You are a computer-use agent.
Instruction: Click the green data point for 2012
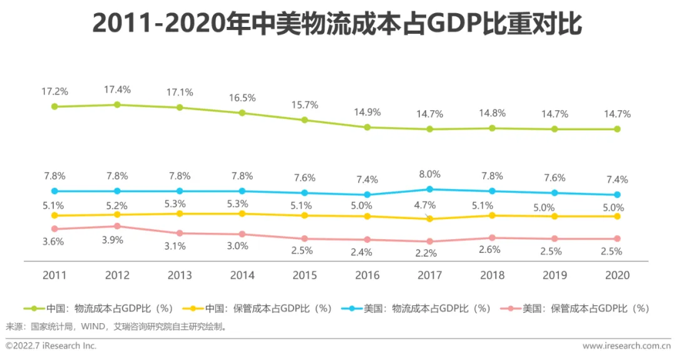[117, 105]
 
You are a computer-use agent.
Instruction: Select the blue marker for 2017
[429, 189]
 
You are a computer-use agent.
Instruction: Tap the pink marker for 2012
[117, 226]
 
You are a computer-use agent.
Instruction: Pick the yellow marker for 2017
[429, 219]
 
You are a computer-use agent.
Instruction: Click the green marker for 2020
[617, 129]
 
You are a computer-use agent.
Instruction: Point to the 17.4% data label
[117, 90]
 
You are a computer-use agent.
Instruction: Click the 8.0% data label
[429, 174]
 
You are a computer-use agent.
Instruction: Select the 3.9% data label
[117, 240]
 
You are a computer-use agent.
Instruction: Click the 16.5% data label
[242, 98]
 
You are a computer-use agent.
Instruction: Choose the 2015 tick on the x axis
[305, 275]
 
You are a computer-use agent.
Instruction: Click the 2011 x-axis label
[54, 275]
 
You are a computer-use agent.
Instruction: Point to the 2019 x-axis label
[555, 275]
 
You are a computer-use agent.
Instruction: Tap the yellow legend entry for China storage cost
[256, 309]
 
